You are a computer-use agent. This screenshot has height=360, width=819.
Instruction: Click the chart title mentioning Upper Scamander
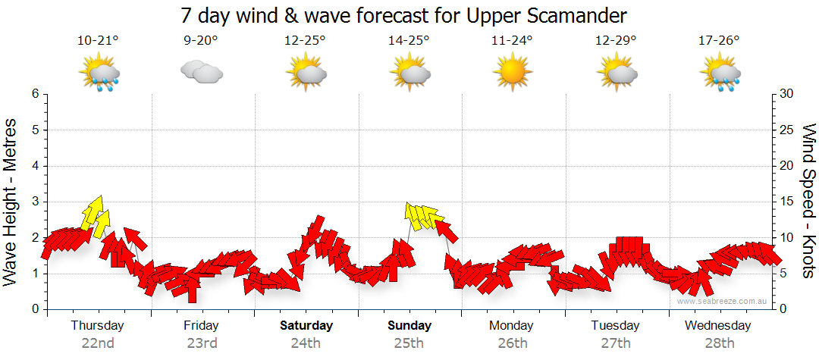[405, 15]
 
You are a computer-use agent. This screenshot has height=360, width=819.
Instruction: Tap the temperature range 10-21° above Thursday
[99, 40]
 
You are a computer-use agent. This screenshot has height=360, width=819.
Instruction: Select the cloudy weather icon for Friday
[201, 73]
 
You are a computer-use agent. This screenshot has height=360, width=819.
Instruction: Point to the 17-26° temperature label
[718, 40]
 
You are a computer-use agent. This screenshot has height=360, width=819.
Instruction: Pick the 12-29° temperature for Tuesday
[615, 40]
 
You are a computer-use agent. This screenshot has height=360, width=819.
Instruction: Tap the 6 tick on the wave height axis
[35, 94]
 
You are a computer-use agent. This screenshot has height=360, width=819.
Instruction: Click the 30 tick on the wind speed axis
[786, 94]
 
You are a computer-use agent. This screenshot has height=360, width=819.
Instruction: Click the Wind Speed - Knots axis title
[808, 201]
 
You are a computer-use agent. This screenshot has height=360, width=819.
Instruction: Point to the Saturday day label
[306, 326]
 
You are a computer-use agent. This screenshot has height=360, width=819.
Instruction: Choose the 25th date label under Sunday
[409, 343]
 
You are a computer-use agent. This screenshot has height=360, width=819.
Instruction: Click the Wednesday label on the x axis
[717, 326]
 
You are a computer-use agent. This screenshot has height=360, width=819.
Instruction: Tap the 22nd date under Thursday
[98, 343]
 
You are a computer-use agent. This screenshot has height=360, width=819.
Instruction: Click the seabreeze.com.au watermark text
[723, 302]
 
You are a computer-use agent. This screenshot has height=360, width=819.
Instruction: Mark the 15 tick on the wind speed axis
[786, 202]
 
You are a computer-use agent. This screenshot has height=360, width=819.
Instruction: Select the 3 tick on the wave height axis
[35, 202]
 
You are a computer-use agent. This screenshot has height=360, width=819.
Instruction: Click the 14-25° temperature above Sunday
[409, 40]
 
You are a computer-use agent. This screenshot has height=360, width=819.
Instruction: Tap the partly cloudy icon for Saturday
[306, 74]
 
